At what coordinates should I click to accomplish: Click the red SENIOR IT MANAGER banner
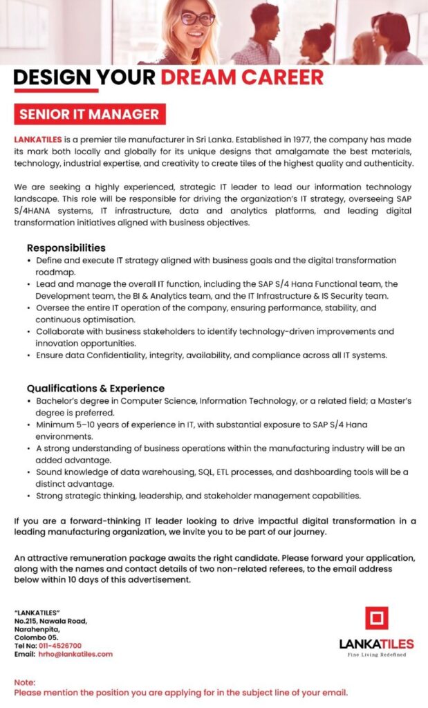point(89,113)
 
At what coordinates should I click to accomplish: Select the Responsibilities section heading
point(66,248)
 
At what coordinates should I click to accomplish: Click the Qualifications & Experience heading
point(95,388)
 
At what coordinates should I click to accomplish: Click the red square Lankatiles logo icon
point(376,618)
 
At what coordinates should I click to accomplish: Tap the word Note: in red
point(24,682)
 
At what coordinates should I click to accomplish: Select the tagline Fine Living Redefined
point(376,655)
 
